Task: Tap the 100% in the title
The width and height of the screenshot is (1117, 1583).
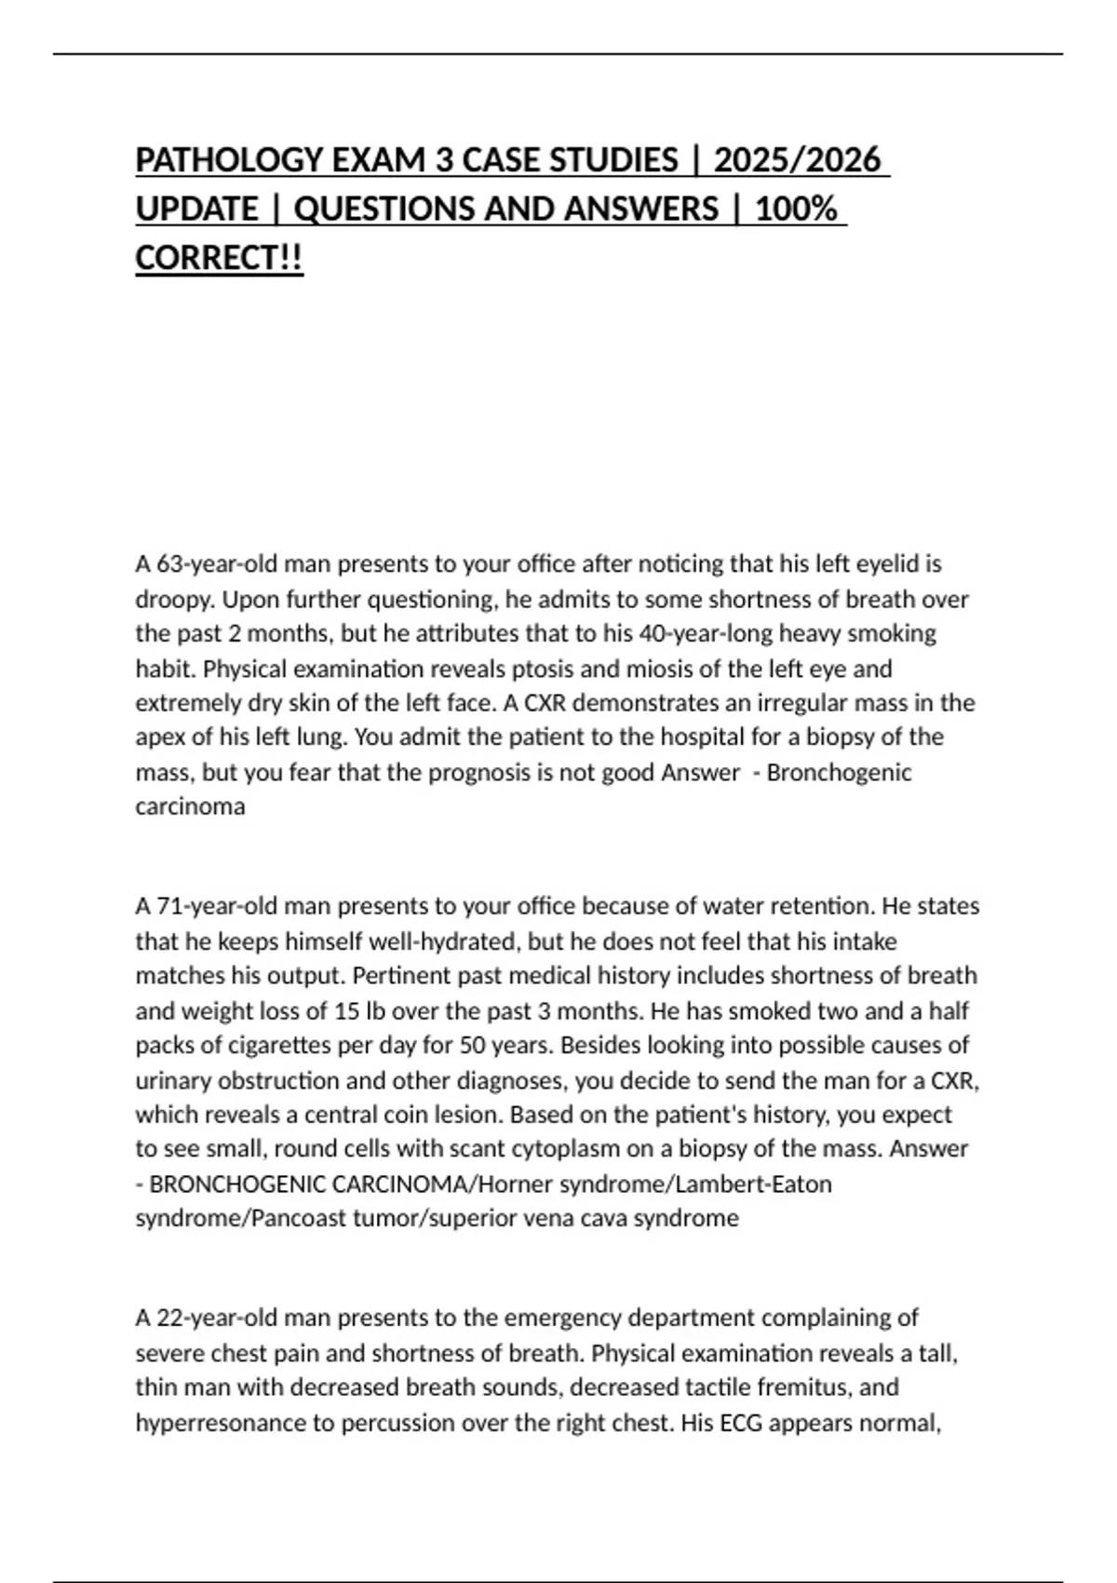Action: coord(796,209)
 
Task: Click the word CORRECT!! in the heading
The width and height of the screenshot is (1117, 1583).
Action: coord(219,258)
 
